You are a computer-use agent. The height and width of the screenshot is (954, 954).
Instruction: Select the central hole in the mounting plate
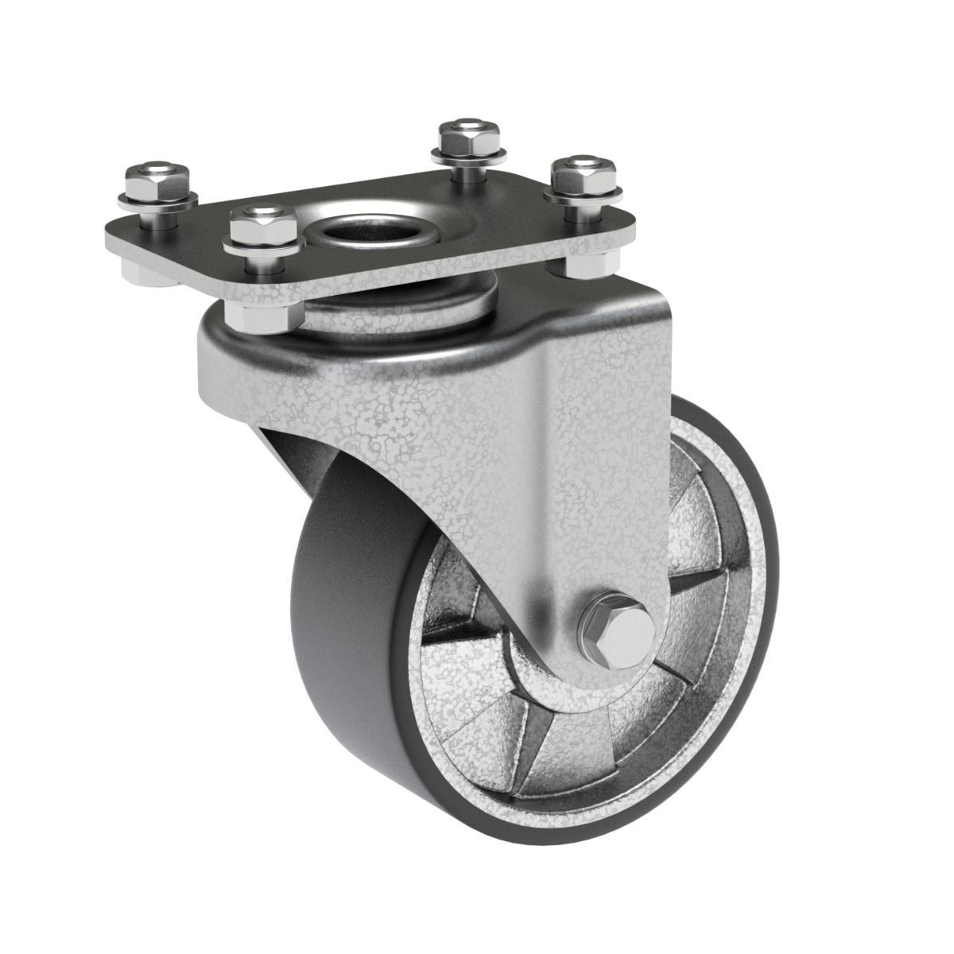[372, 225]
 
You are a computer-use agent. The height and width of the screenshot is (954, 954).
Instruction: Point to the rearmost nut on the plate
[459, 138]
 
